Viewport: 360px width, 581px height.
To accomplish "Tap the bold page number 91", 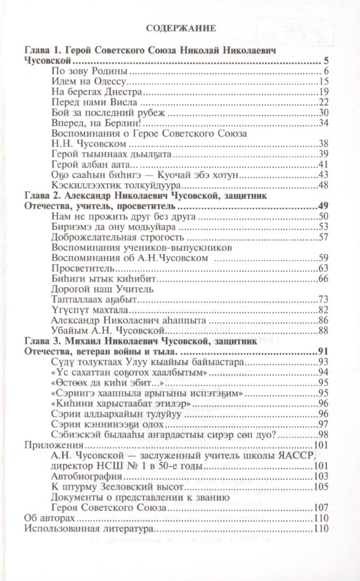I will [325, 351].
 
